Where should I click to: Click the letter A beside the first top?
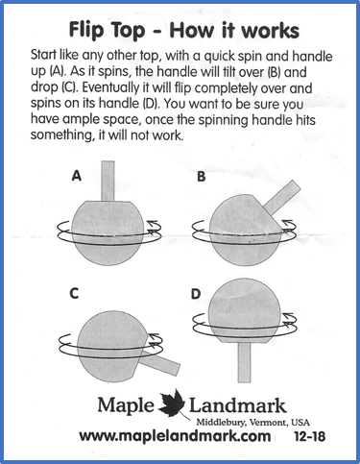(77, 176)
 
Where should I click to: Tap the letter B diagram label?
(201, 176)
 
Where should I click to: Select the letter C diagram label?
(74, 293)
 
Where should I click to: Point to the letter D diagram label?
(196, 294)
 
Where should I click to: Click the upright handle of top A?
(108, 181)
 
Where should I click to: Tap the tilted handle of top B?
(282, 198)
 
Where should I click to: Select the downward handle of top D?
(244, 362)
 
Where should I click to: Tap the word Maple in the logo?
(126, 405)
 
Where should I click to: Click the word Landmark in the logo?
(237, 405)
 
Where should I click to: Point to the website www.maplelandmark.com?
(175, 436)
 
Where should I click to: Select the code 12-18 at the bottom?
(309, 436)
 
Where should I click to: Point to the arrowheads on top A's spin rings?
(153, 226)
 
